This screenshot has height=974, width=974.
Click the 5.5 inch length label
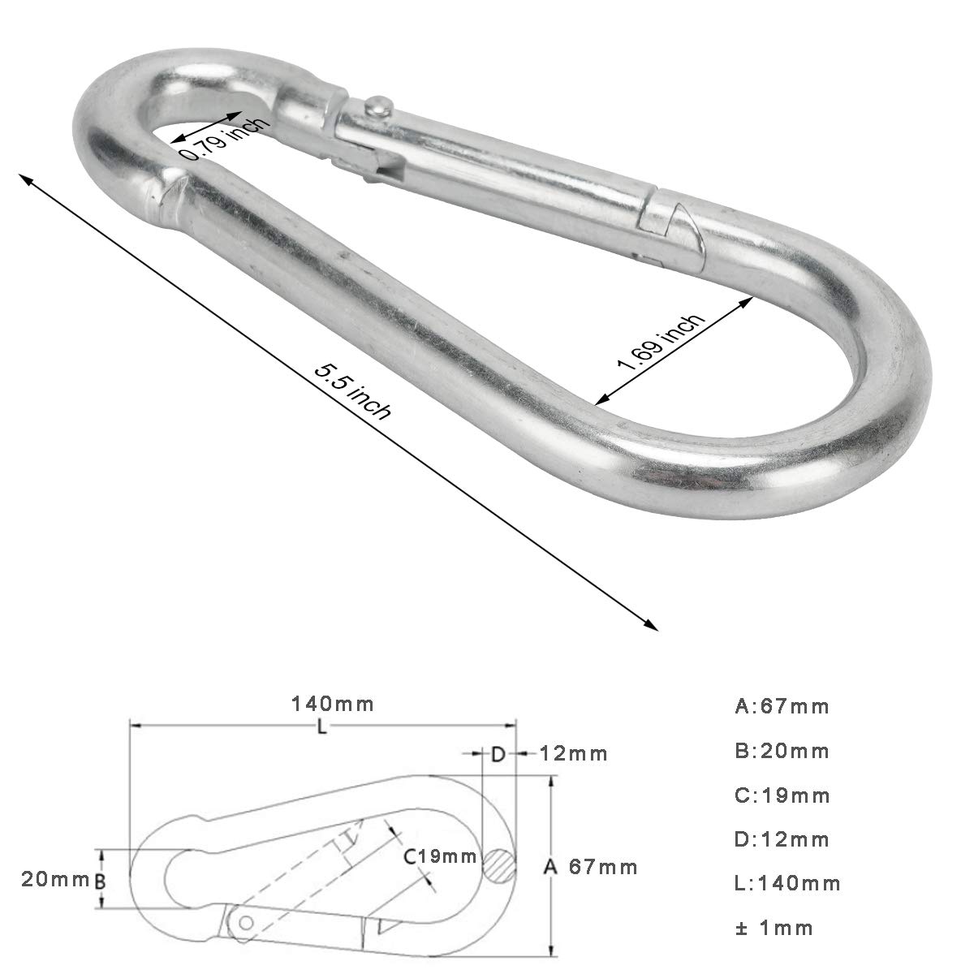(353, 392)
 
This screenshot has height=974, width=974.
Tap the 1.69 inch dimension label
(661, 343)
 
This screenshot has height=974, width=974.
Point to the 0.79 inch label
(226, 139)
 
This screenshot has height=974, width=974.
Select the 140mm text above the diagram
(333, 704)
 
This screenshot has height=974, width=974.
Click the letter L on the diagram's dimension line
(322, 728)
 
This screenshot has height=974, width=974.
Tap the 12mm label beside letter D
(573, 753)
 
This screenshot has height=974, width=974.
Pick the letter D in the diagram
(498, 755)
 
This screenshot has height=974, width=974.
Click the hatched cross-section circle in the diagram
(499, 866)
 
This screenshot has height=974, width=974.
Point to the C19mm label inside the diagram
(440, 856)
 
